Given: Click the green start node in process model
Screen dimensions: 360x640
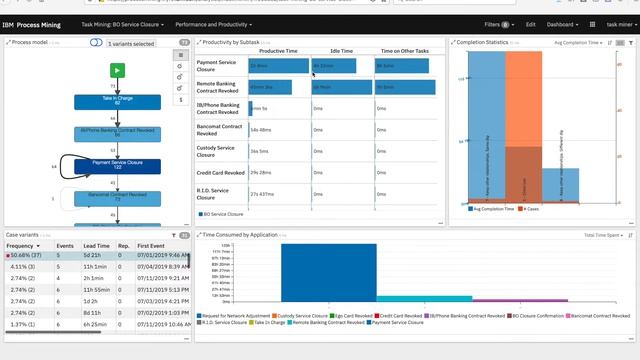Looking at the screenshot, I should (x=117, y=70).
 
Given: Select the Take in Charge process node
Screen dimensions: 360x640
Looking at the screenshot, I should (x=117, y=100).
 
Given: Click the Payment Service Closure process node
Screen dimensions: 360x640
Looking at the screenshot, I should (x=117, y=164).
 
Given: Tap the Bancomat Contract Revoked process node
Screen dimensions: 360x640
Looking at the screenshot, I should (x=117, y=197).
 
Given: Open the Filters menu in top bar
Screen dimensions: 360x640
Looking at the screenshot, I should (x=496, y=24).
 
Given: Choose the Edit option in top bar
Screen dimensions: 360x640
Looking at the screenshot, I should (x=531, y=24).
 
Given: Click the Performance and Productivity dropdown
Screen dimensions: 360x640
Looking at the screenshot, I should (x=213, y=24).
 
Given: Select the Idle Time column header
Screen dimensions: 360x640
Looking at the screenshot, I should (x=341, y=50).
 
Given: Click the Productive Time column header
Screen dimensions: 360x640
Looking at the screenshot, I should (x=279, y=50).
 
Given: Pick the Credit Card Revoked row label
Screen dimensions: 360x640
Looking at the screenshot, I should (x=217, y=173).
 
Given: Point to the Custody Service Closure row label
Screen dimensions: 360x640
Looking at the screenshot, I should (x=217, y=151).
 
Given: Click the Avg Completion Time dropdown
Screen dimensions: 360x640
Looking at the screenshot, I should (x=579, y=43).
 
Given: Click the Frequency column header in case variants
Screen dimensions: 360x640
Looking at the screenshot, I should (x=22, y=245).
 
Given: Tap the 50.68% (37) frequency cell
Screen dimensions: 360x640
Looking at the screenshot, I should (x=24, y=256).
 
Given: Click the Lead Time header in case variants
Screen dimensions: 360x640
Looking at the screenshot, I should (x=97, y=245).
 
